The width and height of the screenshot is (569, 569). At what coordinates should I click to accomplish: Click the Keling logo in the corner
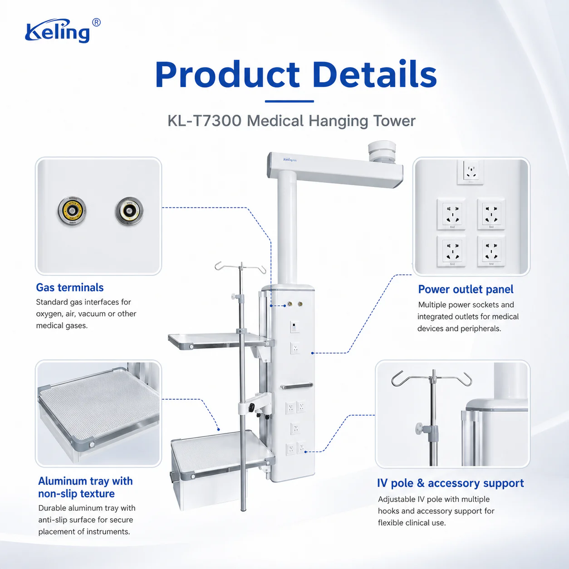(x=63, y=31)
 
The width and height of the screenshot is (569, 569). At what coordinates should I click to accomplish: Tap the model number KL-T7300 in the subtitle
(x=204, y=121)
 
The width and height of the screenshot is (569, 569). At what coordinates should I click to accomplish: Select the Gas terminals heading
(x=70, y=287)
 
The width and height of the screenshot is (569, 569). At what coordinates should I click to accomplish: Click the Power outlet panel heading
(x=466, y=289)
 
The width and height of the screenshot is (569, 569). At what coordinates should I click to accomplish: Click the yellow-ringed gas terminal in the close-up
(x=72, y=211)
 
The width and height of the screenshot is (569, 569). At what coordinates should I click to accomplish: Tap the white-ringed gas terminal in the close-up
(x=129, y=211)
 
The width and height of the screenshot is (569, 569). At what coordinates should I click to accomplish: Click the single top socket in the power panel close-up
(x=471, y=172)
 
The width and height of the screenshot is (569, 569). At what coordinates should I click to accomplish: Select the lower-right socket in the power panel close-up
(x=491, y=251)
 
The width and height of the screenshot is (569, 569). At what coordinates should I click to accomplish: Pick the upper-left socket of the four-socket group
(x=451, y=214)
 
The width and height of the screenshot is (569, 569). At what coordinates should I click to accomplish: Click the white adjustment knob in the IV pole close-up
(x=420, y=427)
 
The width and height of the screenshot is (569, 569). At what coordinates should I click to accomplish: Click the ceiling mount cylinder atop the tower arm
(x=382, y=152)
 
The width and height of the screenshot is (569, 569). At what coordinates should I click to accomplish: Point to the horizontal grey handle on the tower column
(x=297, y=386)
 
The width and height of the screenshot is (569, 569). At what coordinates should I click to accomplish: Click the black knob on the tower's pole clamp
(x=251, y=407)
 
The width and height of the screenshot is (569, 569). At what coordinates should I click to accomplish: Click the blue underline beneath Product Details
(x=289, y=101)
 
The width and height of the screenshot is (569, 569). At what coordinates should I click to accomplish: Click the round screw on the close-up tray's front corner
(x=92, y=444)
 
